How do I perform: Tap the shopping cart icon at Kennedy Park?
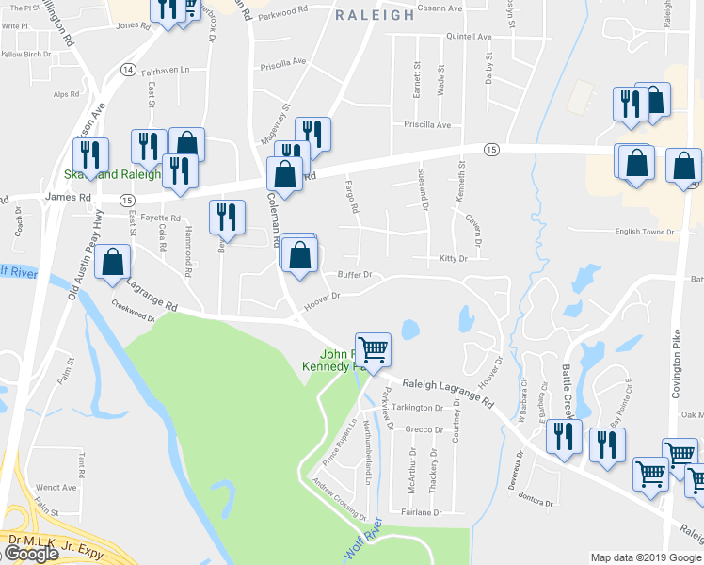click(x=374, y=350)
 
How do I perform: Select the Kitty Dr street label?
click(x=453, y=258)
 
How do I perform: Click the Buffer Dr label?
click(x=355, y=275)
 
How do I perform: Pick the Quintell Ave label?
click(x=469, y=37)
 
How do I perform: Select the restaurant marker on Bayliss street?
click(x=227, y=218)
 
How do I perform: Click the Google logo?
click(x=30, y=554)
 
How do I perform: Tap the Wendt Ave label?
click(x=56, y=487)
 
